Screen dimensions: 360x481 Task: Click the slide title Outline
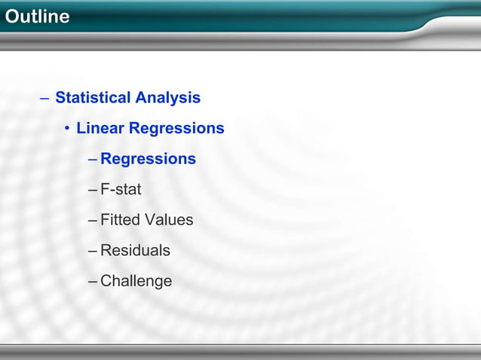(36, 17)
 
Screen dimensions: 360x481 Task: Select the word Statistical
(93, 98)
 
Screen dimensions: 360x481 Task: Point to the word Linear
(100, 129)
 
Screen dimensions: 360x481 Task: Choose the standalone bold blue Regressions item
(148, 160)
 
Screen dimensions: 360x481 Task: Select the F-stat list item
(121, 190)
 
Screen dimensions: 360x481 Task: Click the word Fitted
(120, 220)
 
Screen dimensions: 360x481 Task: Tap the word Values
(169, 220)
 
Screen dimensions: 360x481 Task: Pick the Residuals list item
(135, 251)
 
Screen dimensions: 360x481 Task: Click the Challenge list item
(136, 282)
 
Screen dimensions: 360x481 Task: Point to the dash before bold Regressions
(92, 160)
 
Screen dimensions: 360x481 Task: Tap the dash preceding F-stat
(92, 190)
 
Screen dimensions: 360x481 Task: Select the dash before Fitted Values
(92, 221)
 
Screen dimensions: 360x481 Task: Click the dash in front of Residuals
(92, 251)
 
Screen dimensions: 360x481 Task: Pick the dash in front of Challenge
(92, 282)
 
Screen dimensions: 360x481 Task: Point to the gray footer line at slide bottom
(240, 346)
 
